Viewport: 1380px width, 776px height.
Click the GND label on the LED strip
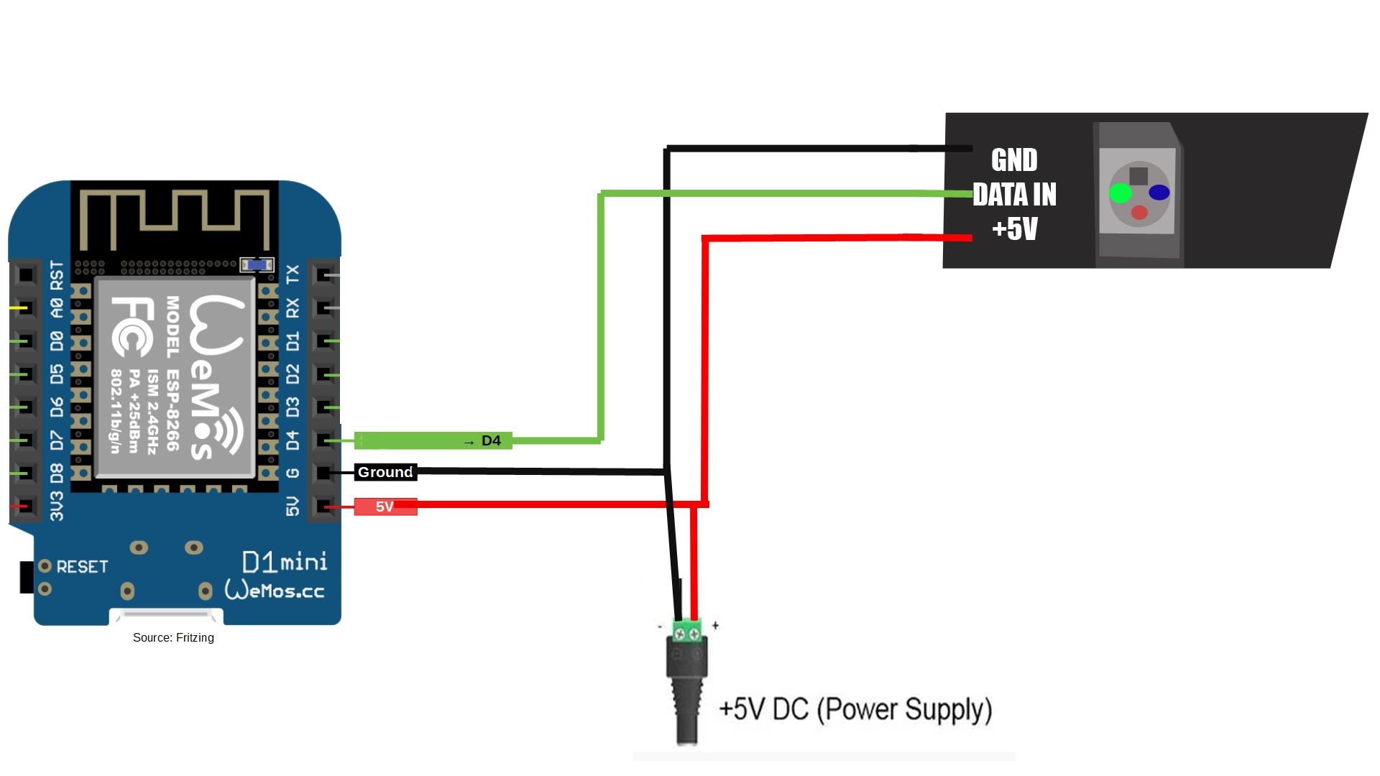pyautogui.click(x=1014, y=160)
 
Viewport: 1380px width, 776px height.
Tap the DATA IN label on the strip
pyautogui.click(x=1014, y=195)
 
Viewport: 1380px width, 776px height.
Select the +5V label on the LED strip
pyautogui.click(x=1014, y=228)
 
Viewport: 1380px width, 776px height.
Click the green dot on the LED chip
pyautogui.click(x=1120, y=193)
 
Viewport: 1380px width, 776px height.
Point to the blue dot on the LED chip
pyautogui.click(x=1159, y=193)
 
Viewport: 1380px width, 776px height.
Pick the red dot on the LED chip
pyautogui.click(x=1139, y=212)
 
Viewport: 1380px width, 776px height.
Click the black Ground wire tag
pyautogui.click(x=385, y=472)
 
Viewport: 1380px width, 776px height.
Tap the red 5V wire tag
pyautogui.click(x=385, y=507)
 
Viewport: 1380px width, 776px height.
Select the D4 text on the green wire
pyautogui.click(x=491, y=440)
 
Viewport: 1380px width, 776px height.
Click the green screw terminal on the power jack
pyautogui.click(x=686, y=632)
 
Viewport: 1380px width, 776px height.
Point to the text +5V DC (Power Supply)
pyautogui.click(x=855, y=709)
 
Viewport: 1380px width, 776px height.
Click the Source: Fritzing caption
pyautogui.click(x=173, y=637)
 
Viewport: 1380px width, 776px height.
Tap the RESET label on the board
pyautogui.click(x=82, y=567)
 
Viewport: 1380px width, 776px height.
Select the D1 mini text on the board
pyautogui.click(x=285, y=562)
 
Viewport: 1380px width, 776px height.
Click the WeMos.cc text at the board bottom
pyautogui.click(x=275, y=591)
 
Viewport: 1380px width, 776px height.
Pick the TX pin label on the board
pyautogui.click(x=293, y=274)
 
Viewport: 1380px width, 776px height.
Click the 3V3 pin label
pyautogui.click(x=57, y=506)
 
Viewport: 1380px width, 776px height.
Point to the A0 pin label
pyautogui.click(x=57, y=308)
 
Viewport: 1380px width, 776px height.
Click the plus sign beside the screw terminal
pyautogui.click(x=715, y=625)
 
